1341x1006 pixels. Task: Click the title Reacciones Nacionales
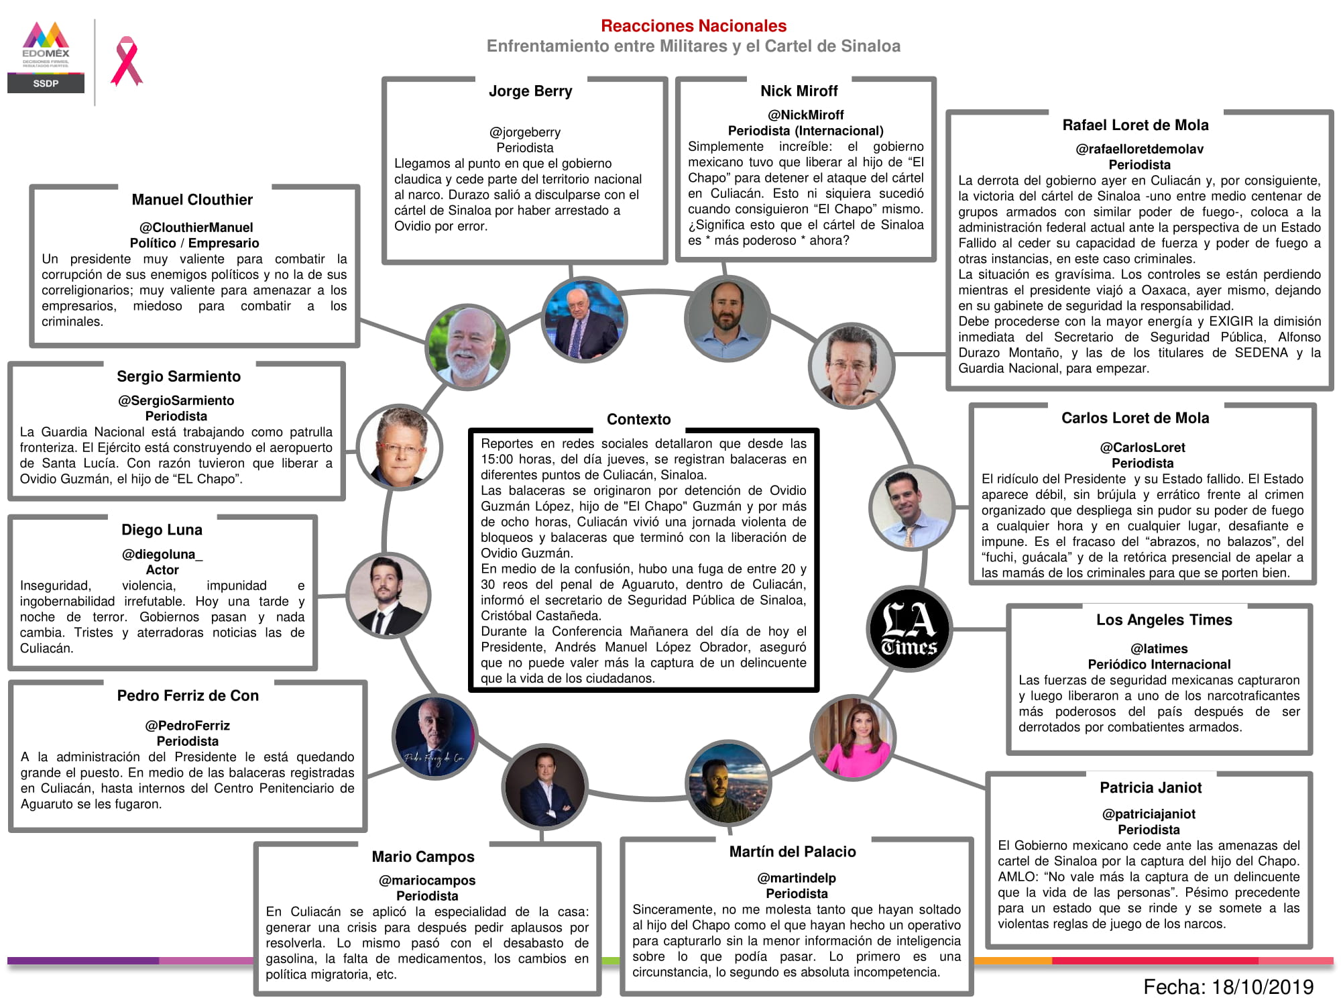pyautogui.click(x=693, y=26)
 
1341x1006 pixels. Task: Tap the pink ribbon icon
pyautogui.click(x=127, y=62)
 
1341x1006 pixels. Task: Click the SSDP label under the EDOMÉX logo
pyautogui.click(x=46, y=83)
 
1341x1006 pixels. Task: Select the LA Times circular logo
pyautogui.click(x=909, y=629)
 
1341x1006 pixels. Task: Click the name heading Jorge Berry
pyautogui.click(x=530, y=91)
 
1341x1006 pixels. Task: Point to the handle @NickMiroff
pyautogui.click(x=805, y=115)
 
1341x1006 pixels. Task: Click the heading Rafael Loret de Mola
pyautogui.click(x=1135, y=125)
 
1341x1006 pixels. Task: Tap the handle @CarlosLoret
pyautogui.click(x=1142, y=447)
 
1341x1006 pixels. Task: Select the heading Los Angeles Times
pyautogui.click(x=1164, y=620)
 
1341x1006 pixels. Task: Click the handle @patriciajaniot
pyautogui.click(x=1149, y=814)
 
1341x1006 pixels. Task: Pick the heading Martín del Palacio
pyautogui.click(x=793, y=852)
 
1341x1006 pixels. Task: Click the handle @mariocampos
pyautogui.click(x=427, y=881)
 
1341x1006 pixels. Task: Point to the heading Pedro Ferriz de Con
pyautogui.click(x=188, y=695)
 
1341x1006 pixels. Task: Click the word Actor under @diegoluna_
pyautogui.click(x=162, y=570)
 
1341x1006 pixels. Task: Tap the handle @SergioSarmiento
pyautogui.click(x=176, y=400)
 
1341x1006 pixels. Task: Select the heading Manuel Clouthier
pyautogui.click(x=192, y=200)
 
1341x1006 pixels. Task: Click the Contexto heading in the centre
pyautogui.click(x=638, y=419)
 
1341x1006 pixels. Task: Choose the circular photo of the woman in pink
pyautogui.click(x=852, y=738)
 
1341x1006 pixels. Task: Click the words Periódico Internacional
pyautogui.click(x=1159, y=665)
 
